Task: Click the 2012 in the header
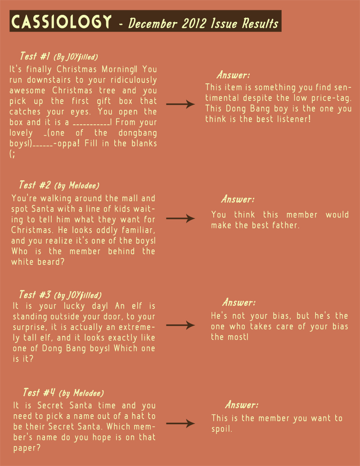(x=195, y=23)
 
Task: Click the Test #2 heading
(x=34, y=185)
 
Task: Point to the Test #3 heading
(x=35, y=295)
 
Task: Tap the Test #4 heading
(x=38, y=393)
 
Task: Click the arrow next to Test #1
(x=180, y=104)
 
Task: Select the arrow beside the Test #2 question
(x=180, y=219)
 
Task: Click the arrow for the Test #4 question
(x=180, y=424)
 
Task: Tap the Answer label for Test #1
(x=233, y=75)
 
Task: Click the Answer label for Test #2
(x=238, y=199)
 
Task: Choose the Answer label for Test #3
(x=239, y=303)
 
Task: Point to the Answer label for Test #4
(x=242, y=404)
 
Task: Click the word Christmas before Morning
(x=77, y=69)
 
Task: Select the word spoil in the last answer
(x=221, y=429)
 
